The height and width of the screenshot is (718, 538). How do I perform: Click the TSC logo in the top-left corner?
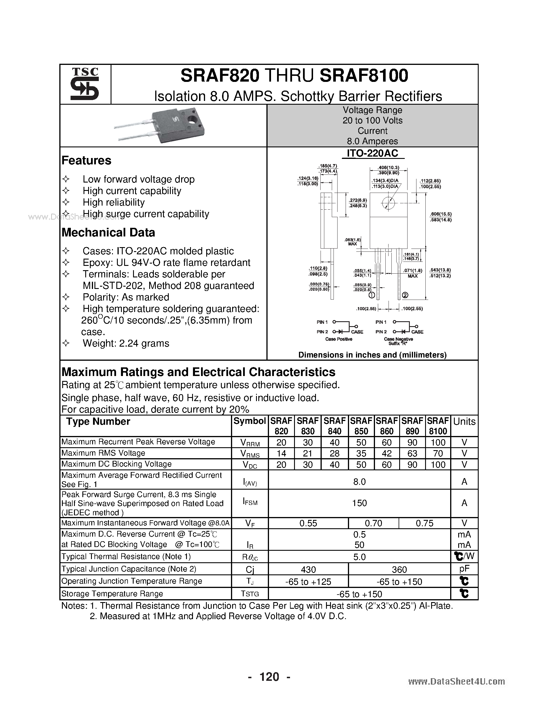click(85, 84)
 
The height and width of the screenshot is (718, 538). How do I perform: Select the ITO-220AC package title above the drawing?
click(372, 153)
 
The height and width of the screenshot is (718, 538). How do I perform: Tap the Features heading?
click(86, 160)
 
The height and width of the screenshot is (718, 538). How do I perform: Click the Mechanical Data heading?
click(108, 232)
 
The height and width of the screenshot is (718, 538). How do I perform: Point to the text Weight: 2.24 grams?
click(126, 343)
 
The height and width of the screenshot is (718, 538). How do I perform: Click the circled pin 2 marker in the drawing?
click(405, 295)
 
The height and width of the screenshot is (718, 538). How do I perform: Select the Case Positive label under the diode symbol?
click(339, 339)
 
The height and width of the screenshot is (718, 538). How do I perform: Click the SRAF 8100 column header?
click(438, 426)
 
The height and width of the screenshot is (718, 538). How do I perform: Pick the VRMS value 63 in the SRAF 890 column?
click(412, 454)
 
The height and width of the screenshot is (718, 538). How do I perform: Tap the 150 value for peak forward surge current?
click(359, 503)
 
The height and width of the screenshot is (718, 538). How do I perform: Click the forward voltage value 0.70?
click(373, 523)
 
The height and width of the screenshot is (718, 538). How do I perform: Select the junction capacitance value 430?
click(308, 570)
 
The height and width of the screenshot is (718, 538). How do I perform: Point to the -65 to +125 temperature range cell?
click(308, 582)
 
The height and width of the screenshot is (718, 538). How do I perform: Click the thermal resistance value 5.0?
click(359, 557)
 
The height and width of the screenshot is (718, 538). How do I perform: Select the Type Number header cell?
click(98, 422)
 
